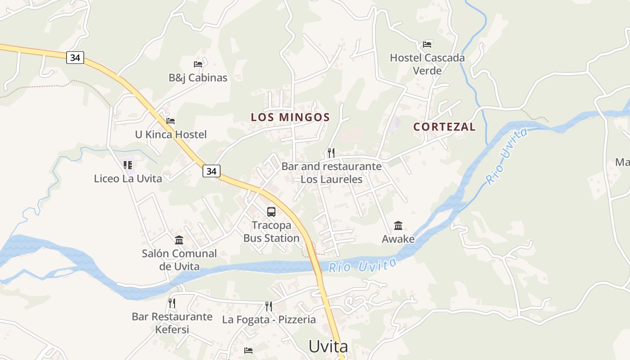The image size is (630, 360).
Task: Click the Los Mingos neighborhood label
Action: tap(290, 117)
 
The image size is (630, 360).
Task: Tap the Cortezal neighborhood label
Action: tap(444, 127)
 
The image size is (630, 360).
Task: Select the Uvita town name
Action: tap(328, 346)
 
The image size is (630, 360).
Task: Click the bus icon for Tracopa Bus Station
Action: tap(271, 211)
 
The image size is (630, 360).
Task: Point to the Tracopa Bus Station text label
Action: tap(271, 231)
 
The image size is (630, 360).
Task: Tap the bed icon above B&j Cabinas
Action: tap(198, 64)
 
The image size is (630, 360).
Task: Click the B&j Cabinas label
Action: tap(198, 77)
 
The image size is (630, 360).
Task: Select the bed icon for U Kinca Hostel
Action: tap(171, 121)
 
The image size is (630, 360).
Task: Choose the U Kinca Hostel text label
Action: tap(171, 134)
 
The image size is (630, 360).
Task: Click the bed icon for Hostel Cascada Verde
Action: tap(427, 45)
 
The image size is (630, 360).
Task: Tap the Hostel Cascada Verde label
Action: tap(427, 64)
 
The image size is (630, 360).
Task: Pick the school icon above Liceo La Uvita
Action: tap(128, 165)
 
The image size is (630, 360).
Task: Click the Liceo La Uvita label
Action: tap(128, 178)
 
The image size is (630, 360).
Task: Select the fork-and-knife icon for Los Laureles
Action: tap(331, 153)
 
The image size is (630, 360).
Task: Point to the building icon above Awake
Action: tap(398, 225)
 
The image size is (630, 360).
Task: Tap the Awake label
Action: tap(398, 239)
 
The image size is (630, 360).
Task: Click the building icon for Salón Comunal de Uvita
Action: tap(179, 240)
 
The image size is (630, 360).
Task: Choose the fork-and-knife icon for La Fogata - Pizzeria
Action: tap(269, 306)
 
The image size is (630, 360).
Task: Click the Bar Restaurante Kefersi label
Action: tap(172, 323)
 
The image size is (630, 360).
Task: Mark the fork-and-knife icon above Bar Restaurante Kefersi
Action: tap(172, 303)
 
